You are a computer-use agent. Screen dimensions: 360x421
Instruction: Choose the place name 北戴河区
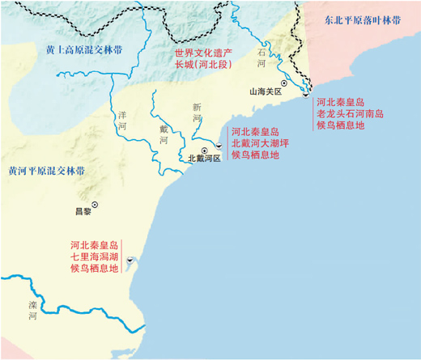click(205, 159)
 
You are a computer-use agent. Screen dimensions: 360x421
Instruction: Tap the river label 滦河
click(33, 311)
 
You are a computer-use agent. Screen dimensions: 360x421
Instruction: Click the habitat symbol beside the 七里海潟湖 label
click(130, 260)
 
